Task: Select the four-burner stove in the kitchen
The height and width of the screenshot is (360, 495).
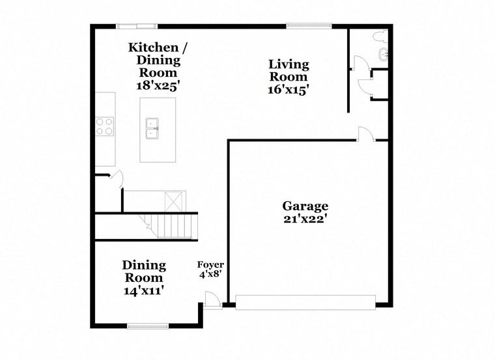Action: tap(105, 126)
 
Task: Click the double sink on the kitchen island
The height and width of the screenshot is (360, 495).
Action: tap(152, 129)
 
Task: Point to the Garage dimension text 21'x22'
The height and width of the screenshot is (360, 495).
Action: tap(305, 220)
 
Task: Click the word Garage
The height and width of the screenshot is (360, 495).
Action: tap(305, 206)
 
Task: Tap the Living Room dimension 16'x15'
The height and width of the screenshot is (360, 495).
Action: tap(288, 90)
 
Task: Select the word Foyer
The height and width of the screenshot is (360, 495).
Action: tap(211, 264)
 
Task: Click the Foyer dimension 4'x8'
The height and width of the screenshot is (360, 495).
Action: tap(211, 275)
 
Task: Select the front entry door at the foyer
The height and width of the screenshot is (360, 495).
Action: tap(211, 300)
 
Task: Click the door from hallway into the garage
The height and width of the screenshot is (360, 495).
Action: tap(365, 134)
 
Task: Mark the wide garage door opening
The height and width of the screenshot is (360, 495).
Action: tap(305, 301)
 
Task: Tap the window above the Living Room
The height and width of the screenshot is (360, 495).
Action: tap(309, 26)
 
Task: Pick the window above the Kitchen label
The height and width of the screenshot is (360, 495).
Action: tap(137, 26)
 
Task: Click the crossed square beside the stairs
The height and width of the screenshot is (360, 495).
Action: tap(175, 199)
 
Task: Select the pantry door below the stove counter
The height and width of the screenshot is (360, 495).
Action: tap(116, 178)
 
